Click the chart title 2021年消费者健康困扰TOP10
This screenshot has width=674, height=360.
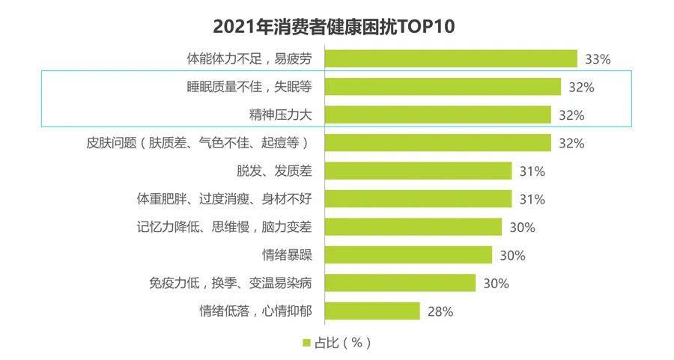333,27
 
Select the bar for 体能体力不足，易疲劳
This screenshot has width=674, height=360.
451,59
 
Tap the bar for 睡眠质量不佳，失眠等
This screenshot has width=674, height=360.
443,87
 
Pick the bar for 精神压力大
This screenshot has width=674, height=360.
438,115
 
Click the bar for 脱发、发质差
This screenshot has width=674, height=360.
418,171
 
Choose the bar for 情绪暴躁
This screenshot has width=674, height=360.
408,254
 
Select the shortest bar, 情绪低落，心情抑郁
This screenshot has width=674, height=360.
372,311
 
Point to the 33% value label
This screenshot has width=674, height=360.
598,59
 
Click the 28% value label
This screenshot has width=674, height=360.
440,311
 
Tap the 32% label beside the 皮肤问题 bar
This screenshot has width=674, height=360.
571,144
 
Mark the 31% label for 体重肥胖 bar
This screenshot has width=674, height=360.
532,199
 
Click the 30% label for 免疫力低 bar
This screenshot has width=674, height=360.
496,284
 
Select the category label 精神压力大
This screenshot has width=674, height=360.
280,115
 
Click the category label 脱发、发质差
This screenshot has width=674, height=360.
274,171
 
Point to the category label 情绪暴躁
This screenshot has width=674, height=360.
287,254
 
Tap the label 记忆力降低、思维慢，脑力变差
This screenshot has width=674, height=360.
225,227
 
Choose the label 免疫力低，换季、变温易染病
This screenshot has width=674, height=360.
231,283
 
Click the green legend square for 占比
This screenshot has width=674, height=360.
306,343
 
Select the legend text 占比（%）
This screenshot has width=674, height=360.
342,343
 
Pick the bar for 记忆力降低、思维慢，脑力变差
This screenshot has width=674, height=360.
413,227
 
